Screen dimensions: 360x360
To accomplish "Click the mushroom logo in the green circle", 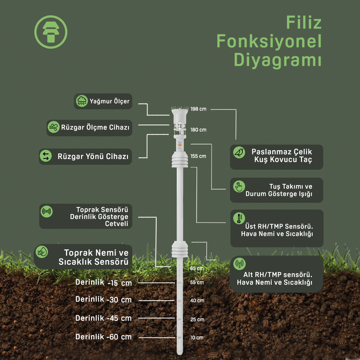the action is (51, 32).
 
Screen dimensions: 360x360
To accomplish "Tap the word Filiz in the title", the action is (304, 23).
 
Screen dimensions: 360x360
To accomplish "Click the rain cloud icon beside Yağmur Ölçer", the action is (82, 101).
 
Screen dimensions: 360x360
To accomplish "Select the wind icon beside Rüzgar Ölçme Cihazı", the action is (54, 127).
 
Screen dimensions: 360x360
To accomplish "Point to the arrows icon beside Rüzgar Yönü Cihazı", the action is (46, 156).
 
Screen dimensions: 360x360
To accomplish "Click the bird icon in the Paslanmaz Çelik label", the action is (239, 152).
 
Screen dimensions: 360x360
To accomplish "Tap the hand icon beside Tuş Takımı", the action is (239, 186).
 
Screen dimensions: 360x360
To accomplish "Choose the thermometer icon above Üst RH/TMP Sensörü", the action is (239, 218).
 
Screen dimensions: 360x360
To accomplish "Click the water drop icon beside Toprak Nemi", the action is (42, 252).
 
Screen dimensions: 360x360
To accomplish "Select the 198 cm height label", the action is (198, 109).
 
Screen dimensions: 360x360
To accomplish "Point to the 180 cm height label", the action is (198, 130).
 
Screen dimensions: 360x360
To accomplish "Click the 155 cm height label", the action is (198, 156).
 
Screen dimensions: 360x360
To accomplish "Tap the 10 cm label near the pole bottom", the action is (197, 338).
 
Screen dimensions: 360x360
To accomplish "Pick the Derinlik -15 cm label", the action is (104, 283).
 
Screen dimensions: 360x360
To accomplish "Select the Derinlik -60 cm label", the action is (104, 337).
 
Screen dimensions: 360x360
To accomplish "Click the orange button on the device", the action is (180, 145).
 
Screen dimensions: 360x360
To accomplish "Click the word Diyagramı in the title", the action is (278, 60).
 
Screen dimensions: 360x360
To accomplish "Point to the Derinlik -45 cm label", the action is (104, 318).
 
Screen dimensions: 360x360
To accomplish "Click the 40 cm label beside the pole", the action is (197, 301).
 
